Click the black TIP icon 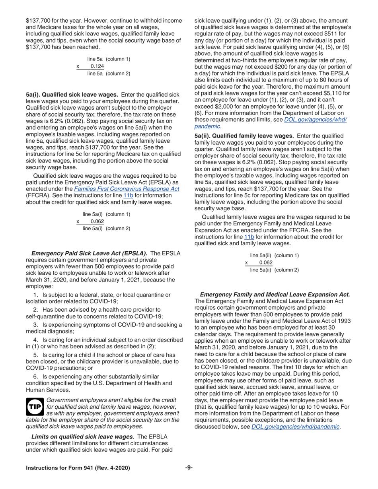[35, 407]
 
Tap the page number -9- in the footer [189, 468]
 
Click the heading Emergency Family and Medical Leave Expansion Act [275, 295]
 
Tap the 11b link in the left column [128, 195]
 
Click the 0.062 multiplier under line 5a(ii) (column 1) [266, 262]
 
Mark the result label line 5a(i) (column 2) [106, 228]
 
